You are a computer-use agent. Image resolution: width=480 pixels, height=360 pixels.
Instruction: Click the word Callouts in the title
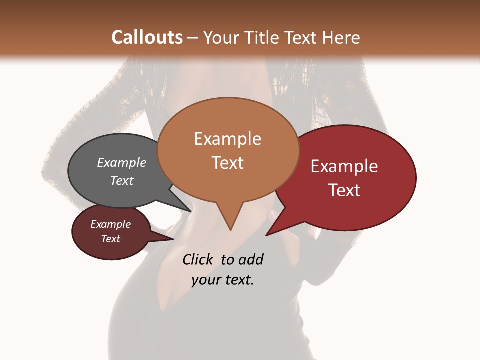point(147,37)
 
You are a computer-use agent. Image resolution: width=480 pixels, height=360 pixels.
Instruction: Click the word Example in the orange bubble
point(227,139)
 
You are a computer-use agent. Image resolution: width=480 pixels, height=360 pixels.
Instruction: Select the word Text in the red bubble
point(344,190)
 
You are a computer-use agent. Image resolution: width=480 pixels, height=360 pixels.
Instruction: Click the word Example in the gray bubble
point(122,163)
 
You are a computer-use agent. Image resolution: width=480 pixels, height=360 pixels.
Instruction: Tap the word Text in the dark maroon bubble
point(111,239)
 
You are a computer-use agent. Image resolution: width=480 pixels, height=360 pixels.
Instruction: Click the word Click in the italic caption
point(198,259)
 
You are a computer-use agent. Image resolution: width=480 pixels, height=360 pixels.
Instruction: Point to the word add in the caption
point(251,259)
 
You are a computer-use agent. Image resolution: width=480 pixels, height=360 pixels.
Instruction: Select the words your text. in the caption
point(223,280)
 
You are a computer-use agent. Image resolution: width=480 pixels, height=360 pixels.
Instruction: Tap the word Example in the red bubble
point(344,166)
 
